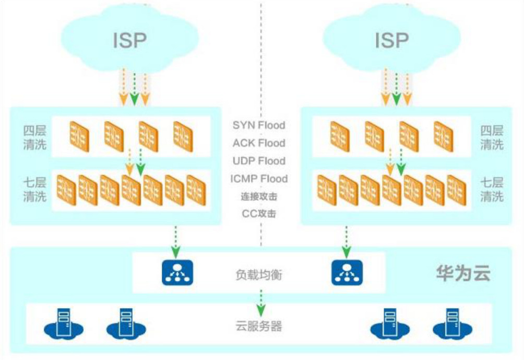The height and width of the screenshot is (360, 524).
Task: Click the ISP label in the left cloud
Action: coord(129,39)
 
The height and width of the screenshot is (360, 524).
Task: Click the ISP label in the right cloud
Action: coord(391,39)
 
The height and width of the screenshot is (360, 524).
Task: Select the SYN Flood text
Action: coord(259,125)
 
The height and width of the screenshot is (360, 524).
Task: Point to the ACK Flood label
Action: coord(259,143)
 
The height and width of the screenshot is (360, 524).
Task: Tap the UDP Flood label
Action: coord(259,161)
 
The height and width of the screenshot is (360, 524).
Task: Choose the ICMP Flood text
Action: coord(259,178)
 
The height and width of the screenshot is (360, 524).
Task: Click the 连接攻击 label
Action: coord(259,197)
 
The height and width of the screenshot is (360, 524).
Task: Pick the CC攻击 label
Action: coord(259,213)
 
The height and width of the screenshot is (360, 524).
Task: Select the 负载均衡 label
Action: coord(259,274)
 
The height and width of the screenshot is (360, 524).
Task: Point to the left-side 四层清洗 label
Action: coord(35,137)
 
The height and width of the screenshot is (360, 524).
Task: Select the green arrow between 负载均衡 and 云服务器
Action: coord(259,298)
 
